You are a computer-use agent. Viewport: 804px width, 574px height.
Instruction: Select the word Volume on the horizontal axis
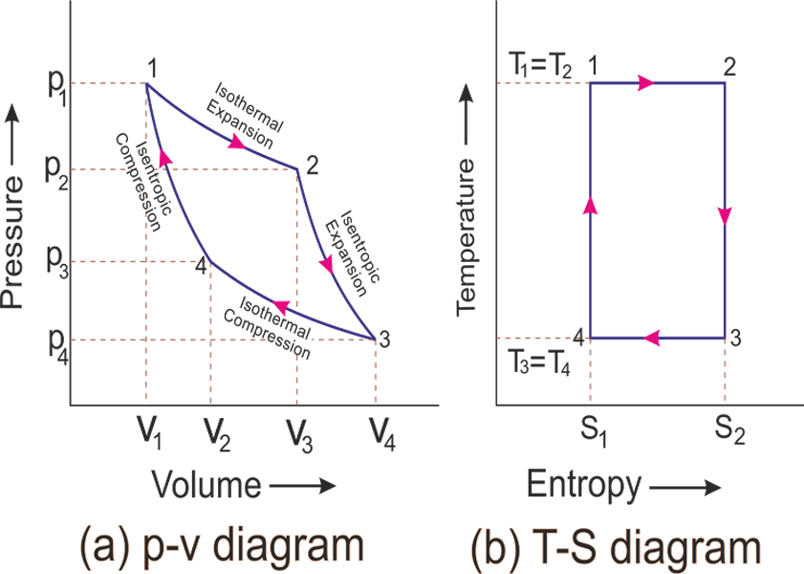coord(206,485)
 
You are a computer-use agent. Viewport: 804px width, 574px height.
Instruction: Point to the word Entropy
coord(584,486)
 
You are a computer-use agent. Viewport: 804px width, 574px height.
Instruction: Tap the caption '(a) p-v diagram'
coord(223,546)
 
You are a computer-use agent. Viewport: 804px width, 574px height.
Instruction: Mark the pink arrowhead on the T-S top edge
coord(646,83)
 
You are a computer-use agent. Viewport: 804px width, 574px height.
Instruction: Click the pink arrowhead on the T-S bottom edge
coord(653,337)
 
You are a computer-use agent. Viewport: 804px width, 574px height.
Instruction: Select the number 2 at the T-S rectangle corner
coord(728,66)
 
